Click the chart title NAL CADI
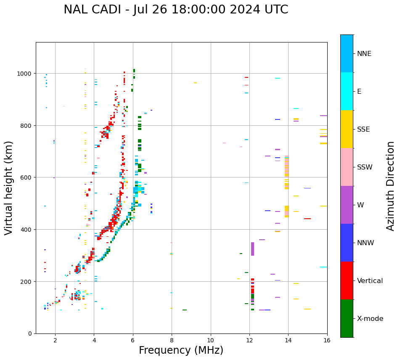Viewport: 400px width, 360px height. coord(176,10)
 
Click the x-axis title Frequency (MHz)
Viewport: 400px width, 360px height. coord(181,350)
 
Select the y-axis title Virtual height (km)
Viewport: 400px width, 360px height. coord(9,188)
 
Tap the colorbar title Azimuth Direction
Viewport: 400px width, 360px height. coord(391,186)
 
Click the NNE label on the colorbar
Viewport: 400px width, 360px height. coord(364,54)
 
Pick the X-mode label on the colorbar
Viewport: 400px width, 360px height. coord(370,319)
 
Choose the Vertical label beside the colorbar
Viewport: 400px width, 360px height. coord(370,281)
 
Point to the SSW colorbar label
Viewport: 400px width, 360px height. coord(365,167)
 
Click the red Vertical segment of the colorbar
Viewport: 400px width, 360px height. coord(347,281)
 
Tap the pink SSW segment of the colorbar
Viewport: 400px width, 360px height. coord(347,167)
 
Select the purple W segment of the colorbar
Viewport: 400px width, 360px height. coord(347,205)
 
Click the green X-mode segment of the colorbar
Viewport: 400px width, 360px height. coord(347,318)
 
